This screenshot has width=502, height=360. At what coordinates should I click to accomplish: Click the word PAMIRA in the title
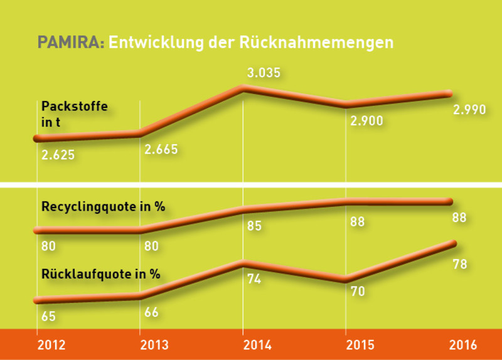(71, 42)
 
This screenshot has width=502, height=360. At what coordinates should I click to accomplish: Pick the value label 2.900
(366, 120)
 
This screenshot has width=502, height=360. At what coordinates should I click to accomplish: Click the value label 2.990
(469, 110)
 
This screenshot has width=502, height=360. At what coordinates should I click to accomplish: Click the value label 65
(48, 317)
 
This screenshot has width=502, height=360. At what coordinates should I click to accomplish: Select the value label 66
(152, 312)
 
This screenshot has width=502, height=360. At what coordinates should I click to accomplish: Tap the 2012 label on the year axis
(50, 345)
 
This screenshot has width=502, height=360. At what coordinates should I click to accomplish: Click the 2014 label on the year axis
(256, 345)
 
